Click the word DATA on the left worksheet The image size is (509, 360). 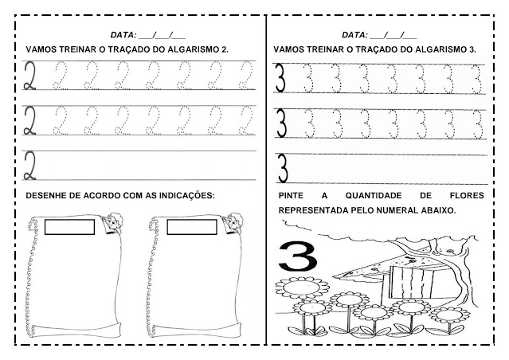pyautogui.click(x=123, y=35)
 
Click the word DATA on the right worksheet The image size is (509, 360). pyautogui.click(x=354, y=35)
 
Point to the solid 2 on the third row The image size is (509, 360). pyautogui.click(x=33, y=165)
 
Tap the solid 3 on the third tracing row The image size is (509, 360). pyautogui.click(x=281, y=168)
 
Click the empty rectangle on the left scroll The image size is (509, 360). pyautogui.click(x=69, y=228)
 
